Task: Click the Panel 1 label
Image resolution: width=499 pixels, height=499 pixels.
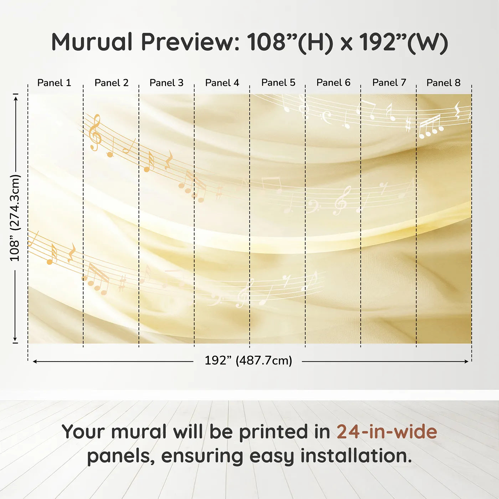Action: tap(54, 83)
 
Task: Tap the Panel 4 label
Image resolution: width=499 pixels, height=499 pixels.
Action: tap(222, 83)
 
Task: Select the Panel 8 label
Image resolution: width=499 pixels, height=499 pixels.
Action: tap(443, 83)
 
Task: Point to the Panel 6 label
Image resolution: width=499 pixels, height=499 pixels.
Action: tap(333, 83)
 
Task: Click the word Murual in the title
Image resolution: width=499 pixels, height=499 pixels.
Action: tap(92, 42)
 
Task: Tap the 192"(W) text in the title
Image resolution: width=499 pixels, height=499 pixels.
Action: tap(403, 42)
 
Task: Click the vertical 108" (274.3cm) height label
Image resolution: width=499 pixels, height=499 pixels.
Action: tap(15, 218)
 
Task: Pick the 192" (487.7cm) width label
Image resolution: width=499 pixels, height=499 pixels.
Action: tap(248, 360)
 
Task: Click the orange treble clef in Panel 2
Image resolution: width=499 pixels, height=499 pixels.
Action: tap(95, 133)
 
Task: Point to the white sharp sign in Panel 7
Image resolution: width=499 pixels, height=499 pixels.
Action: tap(408, 125)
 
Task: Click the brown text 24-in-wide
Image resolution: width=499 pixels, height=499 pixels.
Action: tap(387, 432)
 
